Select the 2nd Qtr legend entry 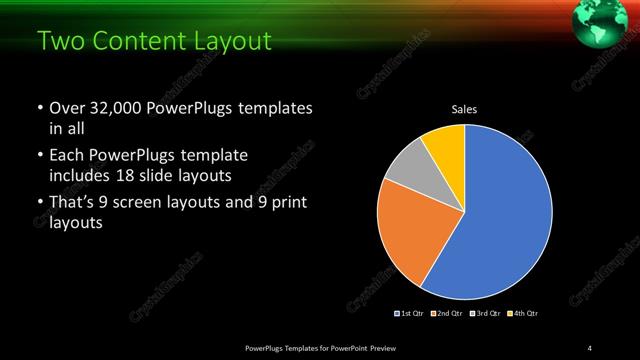448,314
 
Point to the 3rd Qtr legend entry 485,314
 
